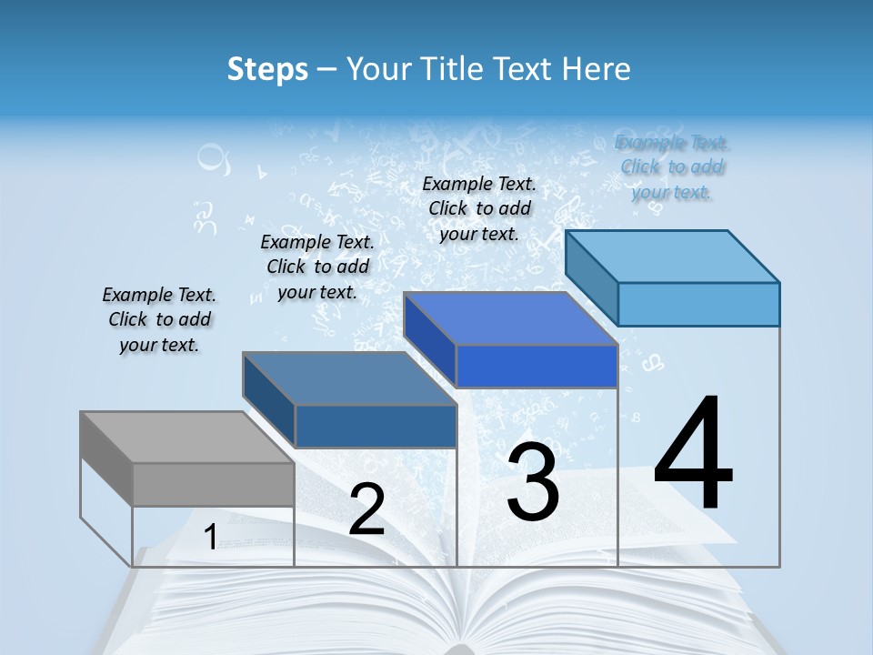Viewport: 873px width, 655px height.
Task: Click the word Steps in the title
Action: pos(267,69)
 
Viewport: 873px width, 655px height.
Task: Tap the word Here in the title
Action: pos(597,69)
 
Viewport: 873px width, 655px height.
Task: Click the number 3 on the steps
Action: pos(532,481)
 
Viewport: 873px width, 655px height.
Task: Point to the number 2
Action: pos(366,509)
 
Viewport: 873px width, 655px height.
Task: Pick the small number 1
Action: pos(210,537)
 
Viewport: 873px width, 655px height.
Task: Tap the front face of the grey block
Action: pos(213,484)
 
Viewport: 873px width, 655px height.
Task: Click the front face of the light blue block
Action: pos(698,304)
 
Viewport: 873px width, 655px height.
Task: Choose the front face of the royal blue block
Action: pos(537,366)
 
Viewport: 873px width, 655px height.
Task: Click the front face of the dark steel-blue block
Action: pos(376,426)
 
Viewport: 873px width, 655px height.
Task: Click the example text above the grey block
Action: pos(159,319)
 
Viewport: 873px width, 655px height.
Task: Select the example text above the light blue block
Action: pos(672,166)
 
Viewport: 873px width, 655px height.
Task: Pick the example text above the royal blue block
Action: pos(479,208)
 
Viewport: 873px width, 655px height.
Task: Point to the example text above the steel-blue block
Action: pos(317,267)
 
